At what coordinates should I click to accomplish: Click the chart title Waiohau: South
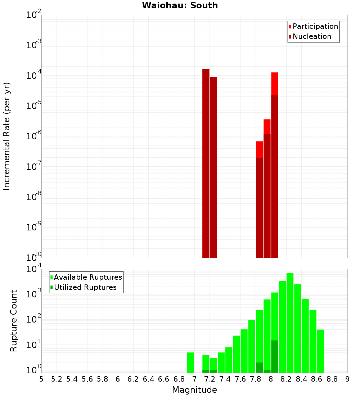pyautogui.click(x=180, y=5)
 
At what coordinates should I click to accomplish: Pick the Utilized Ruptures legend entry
pyautogui.click(x=85, y=287)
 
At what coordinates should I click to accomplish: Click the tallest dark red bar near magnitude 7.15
pyautogui.click(x=206, y=162)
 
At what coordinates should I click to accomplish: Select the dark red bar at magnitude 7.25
pyautogui.click(x=213, y=166)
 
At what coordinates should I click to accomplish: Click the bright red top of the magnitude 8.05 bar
pyautogui.click(x=275, y=83)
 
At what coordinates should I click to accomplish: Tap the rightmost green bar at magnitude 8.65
pyautogui.click(x=321, y=351)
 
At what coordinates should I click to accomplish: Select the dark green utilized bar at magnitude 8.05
pyautogui.click(x=275, y=356)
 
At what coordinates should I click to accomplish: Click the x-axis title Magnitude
pyautogui.click(x=194, y=390)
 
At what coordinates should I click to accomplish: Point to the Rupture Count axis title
pyautogui.click(x=14, y=321)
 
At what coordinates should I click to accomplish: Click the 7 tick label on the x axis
pyautogui.click(x=194, y=379)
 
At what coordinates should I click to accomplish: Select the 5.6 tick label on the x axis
pyautogui.click(x=87, y=379)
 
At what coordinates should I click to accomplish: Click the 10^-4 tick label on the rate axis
pyautogui.click(x=33, y=76)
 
